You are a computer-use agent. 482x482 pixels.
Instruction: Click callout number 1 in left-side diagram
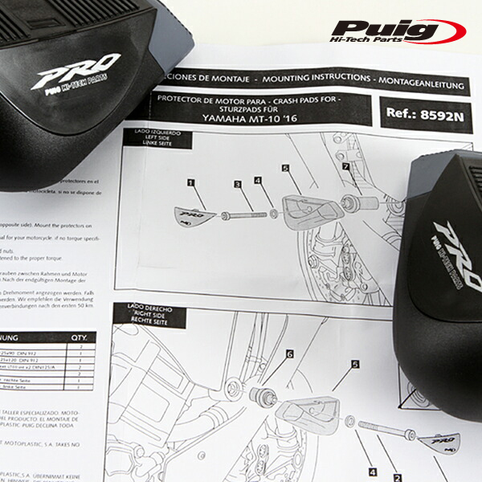(191, 183)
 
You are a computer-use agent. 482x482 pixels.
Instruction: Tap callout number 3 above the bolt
(238, 185)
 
